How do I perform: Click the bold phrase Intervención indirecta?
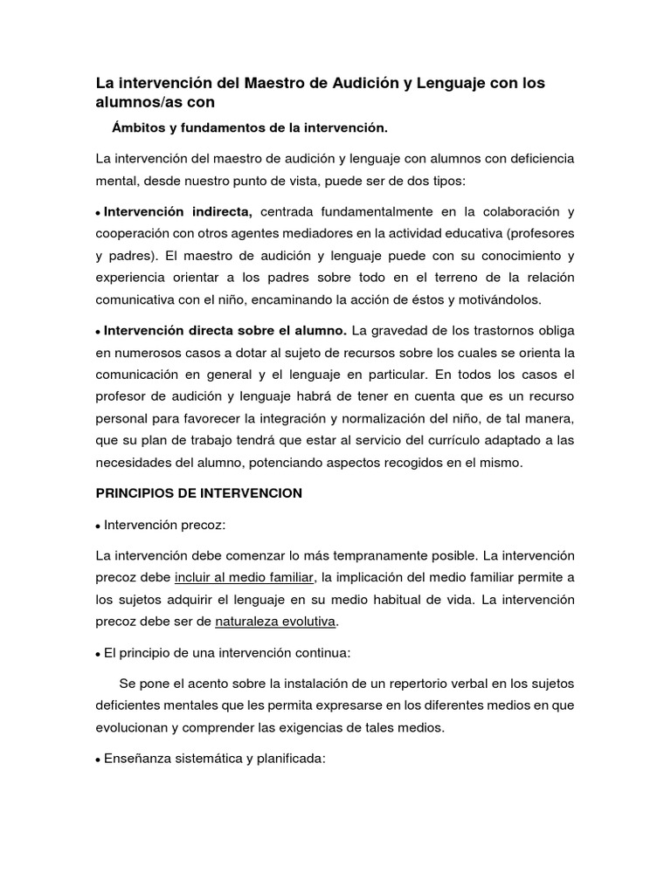(x=178, y=211)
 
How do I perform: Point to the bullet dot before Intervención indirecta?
(x=99, y=213)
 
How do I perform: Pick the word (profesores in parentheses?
(x=541, y=234)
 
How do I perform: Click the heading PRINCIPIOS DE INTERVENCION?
(x=198, y=493)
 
